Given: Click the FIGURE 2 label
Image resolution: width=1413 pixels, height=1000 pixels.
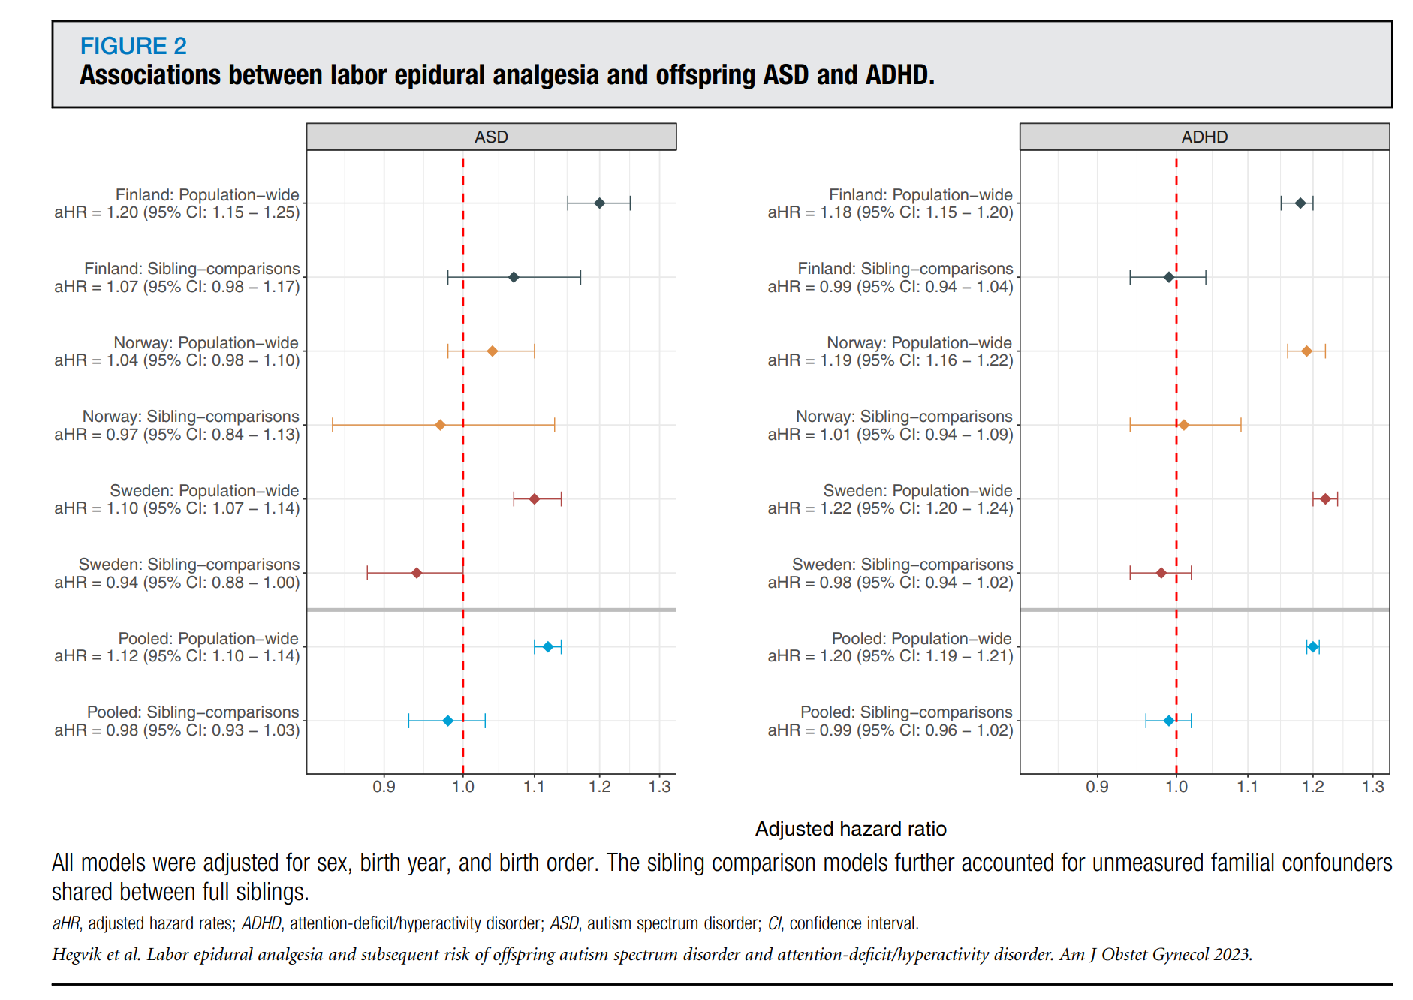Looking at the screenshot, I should tap(133, 46).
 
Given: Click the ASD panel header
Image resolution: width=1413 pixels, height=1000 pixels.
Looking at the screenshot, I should tap(491, 137).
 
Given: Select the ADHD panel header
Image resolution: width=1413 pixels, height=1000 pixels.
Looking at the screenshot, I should tap(1204, 137).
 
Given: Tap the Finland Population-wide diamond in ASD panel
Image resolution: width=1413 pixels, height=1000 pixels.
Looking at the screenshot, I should tap(599, 203).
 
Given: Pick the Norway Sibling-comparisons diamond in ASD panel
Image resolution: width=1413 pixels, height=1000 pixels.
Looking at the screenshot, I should tap(441, 425).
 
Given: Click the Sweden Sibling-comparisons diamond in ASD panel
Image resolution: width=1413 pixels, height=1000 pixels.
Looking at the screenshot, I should tap(417, 573).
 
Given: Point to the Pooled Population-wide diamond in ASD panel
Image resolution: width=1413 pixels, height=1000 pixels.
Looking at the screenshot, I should tap(548, 647).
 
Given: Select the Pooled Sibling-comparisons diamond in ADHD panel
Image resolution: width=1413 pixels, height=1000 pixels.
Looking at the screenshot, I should tap(1168, 721).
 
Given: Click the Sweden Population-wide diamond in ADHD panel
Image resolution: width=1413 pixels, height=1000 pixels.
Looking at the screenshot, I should tap(1325, 499).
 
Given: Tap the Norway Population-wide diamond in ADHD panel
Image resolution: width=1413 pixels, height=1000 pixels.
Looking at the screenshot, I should tap(1306, 351).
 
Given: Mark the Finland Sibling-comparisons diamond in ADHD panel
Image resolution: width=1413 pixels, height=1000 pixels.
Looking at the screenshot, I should tap(1168, 277).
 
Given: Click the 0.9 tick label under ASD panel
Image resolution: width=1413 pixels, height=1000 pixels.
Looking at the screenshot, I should tap(384, 787).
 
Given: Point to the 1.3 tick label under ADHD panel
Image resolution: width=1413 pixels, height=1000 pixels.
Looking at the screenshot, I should tap(1373, 787).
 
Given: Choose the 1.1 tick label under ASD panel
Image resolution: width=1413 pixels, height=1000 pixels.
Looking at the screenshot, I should tap(534, 787).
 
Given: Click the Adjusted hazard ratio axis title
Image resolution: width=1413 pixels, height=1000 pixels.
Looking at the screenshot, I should tap(851, 829).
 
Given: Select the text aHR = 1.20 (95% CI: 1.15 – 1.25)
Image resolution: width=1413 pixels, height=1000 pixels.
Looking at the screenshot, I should tap(177, 212).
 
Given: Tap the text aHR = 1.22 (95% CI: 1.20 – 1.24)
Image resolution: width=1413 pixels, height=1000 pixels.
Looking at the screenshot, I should tap(890, 508).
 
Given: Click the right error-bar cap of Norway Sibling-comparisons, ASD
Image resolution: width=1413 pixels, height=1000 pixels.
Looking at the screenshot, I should tap(555, 425).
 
